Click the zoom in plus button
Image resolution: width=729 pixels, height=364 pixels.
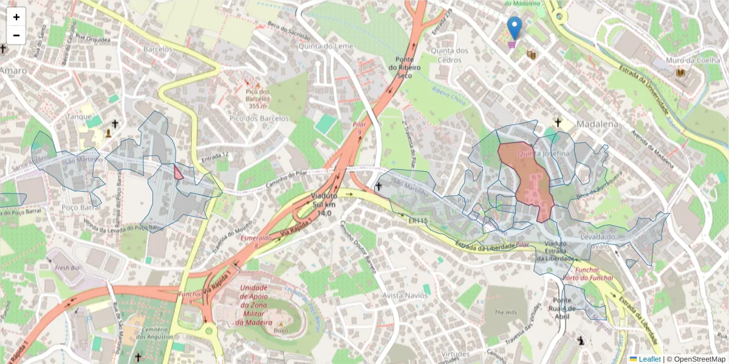(x=16, y=17)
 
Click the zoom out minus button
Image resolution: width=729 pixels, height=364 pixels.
(x=16, y=35)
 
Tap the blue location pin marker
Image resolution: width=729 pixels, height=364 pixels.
(x=515, y=28)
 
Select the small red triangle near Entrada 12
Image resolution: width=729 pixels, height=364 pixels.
(x=178, y=174)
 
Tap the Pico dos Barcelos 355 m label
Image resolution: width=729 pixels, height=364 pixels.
(x=258, y=98)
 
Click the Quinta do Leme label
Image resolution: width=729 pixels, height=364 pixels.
(x=330, y=46)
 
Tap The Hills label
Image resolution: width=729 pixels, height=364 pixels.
(x=504, y=312)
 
